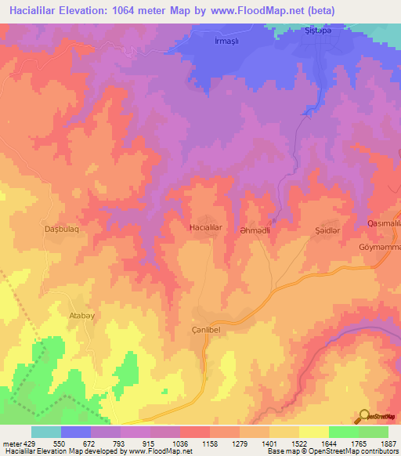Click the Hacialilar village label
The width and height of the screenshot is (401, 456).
(x=207, y=227)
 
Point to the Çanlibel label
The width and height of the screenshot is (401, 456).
(x=209, y=330)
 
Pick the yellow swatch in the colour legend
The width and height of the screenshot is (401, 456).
(x=313, y=432)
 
